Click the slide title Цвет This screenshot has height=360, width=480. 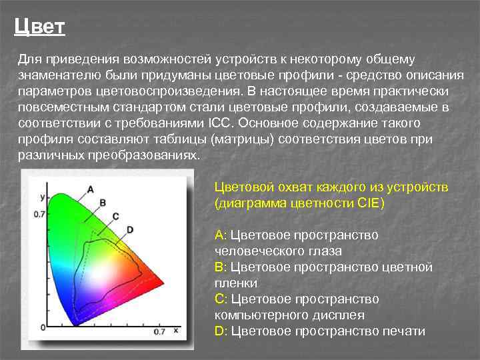(x=39, y=27)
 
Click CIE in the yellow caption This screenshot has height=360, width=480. (x=367, y=203)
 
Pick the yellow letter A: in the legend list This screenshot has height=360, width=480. (x=221, y=235)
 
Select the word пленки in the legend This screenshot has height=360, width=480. (x=236, y=283)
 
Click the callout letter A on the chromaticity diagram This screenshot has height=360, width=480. (x=90, y=189)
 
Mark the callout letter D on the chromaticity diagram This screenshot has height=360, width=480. (x=129, y=229)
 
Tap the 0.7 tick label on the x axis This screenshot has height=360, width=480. (x=159, y=331)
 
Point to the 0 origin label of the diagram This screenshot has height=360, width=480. (x=43, y=327)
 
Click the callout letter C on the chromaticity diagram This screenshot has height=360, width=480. (x=115, y=215)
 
